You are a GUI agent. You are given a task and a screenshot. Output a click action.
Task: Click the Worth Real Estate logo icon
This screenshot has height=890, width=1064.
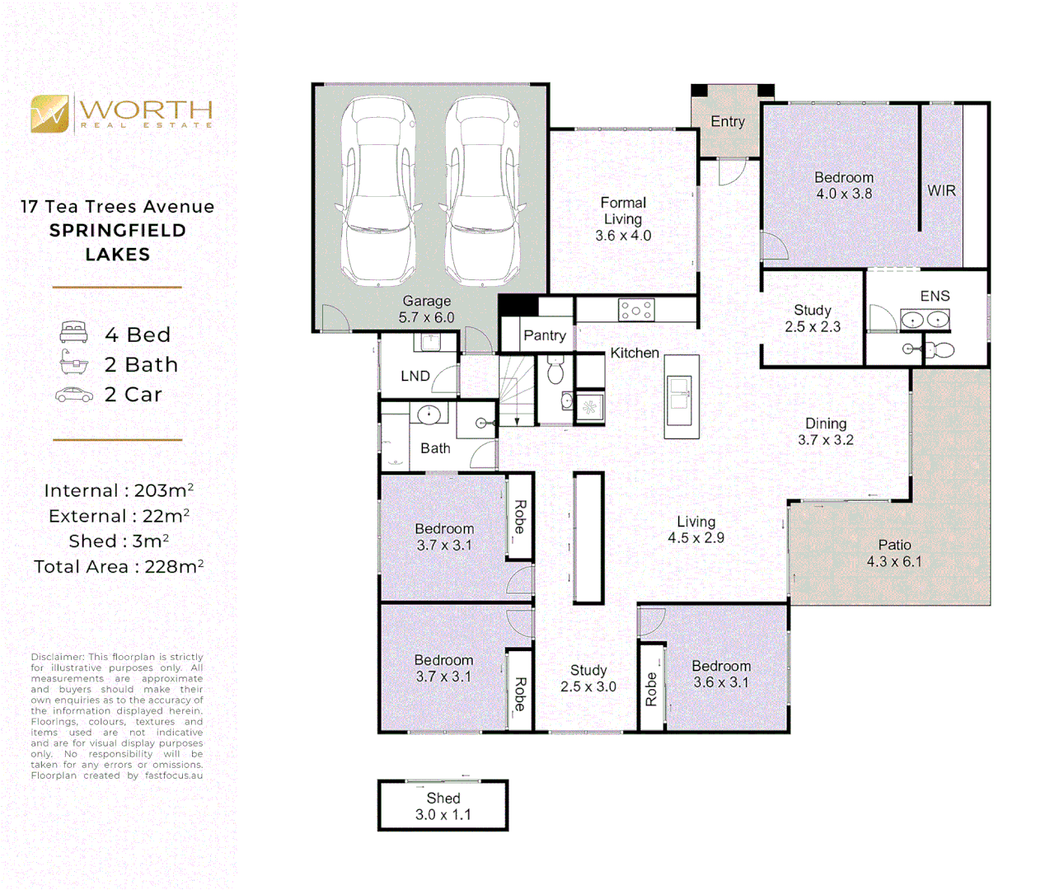(49, 114)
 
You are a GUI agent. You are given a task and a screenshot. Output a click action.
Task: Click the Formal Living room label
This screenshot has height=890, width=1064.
(623, 211)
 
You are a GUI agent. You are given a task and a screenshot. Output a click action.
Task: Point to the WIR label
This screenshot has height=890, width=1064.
(941, 190)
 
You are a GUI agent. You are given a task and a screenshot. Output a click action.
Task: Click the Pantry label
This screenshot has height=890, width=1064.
(545, 335)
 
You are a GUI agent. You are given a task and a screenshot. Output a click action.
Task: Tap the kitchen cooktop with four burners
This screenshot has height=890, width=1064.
(636, 311)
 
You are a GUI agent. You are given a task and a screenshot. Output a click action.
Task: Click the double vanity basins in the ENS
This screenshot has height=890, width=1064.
(925, 319)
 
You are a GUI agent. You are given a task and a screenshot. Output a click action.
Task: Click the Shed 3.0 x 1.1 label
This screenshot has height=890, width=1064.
(443, 806)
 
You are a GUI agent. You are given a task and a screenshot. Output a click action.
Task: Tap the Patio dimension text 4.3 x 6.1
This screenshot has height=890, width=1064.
(894, 562)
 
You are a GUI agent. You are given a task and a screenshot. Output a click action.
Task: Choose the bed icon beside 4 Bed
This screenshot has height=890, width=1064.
(74, 333)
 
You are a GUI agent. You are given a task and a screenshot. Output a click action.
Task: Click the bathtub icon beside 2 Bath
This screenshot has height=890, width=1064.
(74, 363)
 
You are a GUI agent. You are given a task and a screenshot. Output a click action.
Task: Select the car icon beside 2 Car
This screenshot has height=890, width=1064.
(74, 396)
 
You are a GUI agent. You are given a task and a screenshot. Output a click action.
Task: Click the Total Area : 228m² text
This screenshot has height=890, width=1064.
(119, 567)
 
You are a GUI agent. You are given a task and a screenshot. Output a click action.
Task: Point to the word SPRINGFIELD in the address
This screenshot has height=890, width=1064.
(118, 231)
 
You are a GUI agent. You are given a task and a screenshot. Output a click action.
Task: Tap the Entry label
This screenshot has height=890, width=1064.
(728, 122)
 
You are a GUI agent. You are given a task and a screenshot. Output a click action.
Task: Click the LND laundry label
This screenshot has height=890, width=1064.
(415, 376)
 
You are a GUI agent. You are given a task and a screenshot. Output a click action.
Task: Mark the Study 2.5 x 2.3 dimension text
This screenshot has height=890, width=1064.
(813, 327)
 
